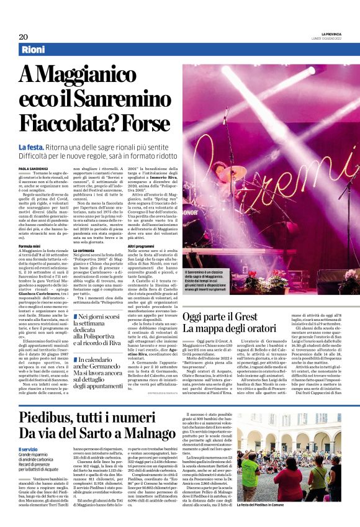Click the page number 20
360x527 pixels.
coord(22,36)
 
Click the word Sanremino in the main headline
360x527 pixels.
coord(121,99)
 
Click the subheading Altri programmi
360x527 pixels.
coord(141,246)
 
